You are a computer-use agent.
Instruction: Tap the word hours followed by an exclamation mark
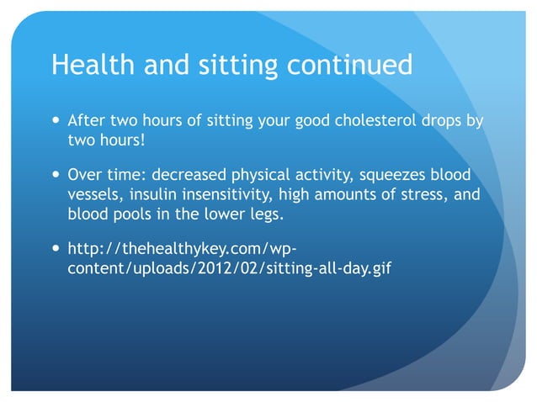124,139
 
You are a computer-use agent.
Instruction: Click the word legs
264,214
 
